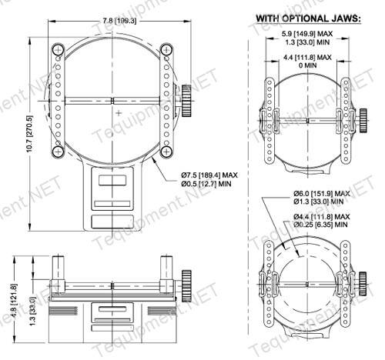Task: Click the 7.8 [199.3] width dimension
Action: click(x=119, y=21)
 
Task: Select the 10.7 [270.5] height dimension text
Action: click(x=30, y=134)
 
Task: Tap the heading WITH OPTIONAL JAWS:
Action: click(x=308, y=18)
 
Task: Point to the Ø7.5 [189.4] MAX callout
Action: click(x=209, y=175)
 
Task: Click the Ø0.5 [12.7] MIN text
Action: click(x=206, y=184)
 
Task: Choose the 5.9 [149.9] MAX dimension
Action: click(x=307, y=34)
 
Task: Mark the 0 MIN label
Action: click(x=308, y=65)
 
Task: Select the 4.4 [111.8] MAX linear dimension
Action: click(x=307, y=57)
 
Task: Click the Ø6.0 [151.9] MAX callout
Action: click(x=322, y=193)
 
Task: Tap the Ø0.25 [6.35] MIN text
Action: click(x=321, y=225)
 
